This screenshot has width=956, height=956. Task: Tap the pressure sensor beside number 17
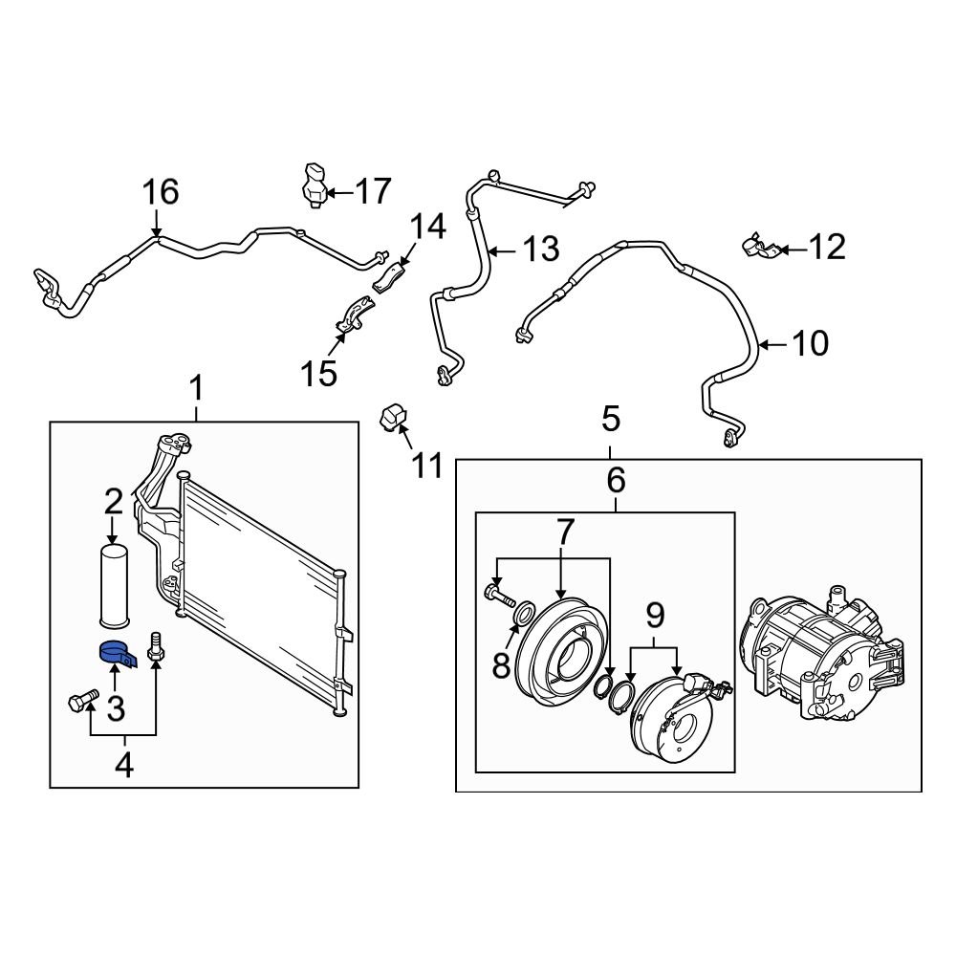point(314,185)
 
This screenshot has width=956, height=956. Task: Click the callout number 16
point(161,192)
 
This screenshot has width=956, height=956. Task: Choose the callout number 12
point(823,249)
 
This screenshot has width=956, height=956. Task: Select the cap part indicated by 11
point(394,418)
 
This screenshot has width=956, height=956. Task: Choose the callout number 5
point(610,419)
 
